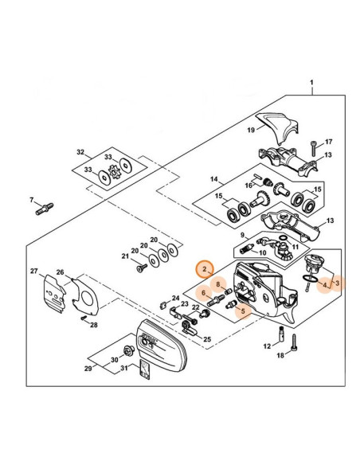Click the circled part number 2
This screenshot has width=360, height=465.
click(x=205, y=269)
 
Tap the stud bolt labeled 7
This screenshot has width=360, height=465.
click(x=45, y=209)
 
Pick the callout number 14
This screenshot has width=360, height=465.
click(x=214, y=179)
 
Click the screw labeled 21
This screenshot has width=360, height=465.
click(x=142, y=268)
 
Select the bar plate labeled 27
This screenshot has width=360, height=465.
click(x=55, y=294)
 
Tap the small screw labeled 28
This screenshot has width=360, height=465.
click(x=84, y=318)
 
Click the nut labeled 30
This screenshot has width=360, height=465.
click(x=129, y=351)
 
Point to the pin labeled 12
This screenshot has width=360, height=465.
click(x=281, y=334)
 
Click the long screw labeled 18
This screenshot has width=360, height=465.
click(x=294, y=342)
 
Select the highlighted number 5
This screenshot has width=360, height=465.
click(x=243, y=311)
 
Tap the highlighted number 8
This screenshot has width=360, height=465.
click(x=218, y=284)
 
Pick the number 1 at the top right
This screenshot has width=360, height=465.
click(x=311, y=83)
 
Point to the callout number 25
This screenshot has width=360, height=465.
click(x=207, y=338)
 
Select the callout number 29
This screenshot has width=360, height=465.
click(x=88, y=369)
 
